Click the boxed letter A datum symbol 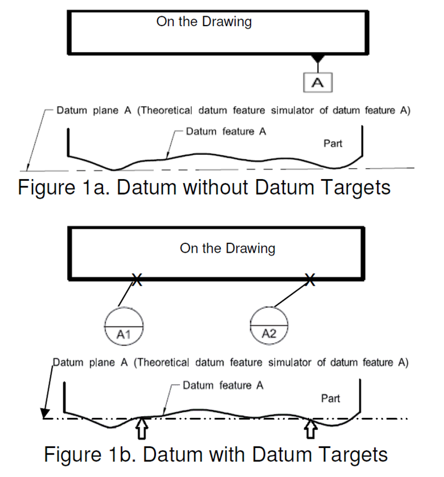tap(318, 82)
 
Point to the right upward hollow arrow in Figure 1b tap(311, 429)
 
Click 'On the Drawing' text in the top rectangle tap(204, 22)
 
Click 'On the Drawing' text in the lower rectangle tap(228, 249)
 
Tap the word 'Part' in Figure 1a tap(333, 143)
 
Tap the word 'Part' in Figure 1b tap(330, 398)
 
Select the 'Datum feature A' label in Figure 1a tap(226, 132)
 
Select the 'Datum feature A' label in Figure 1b tap(223, 385)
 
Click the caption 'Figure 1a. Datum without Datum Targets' tap(204, 188)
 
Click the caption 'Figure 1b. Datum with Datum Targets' tap(216, 454)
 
